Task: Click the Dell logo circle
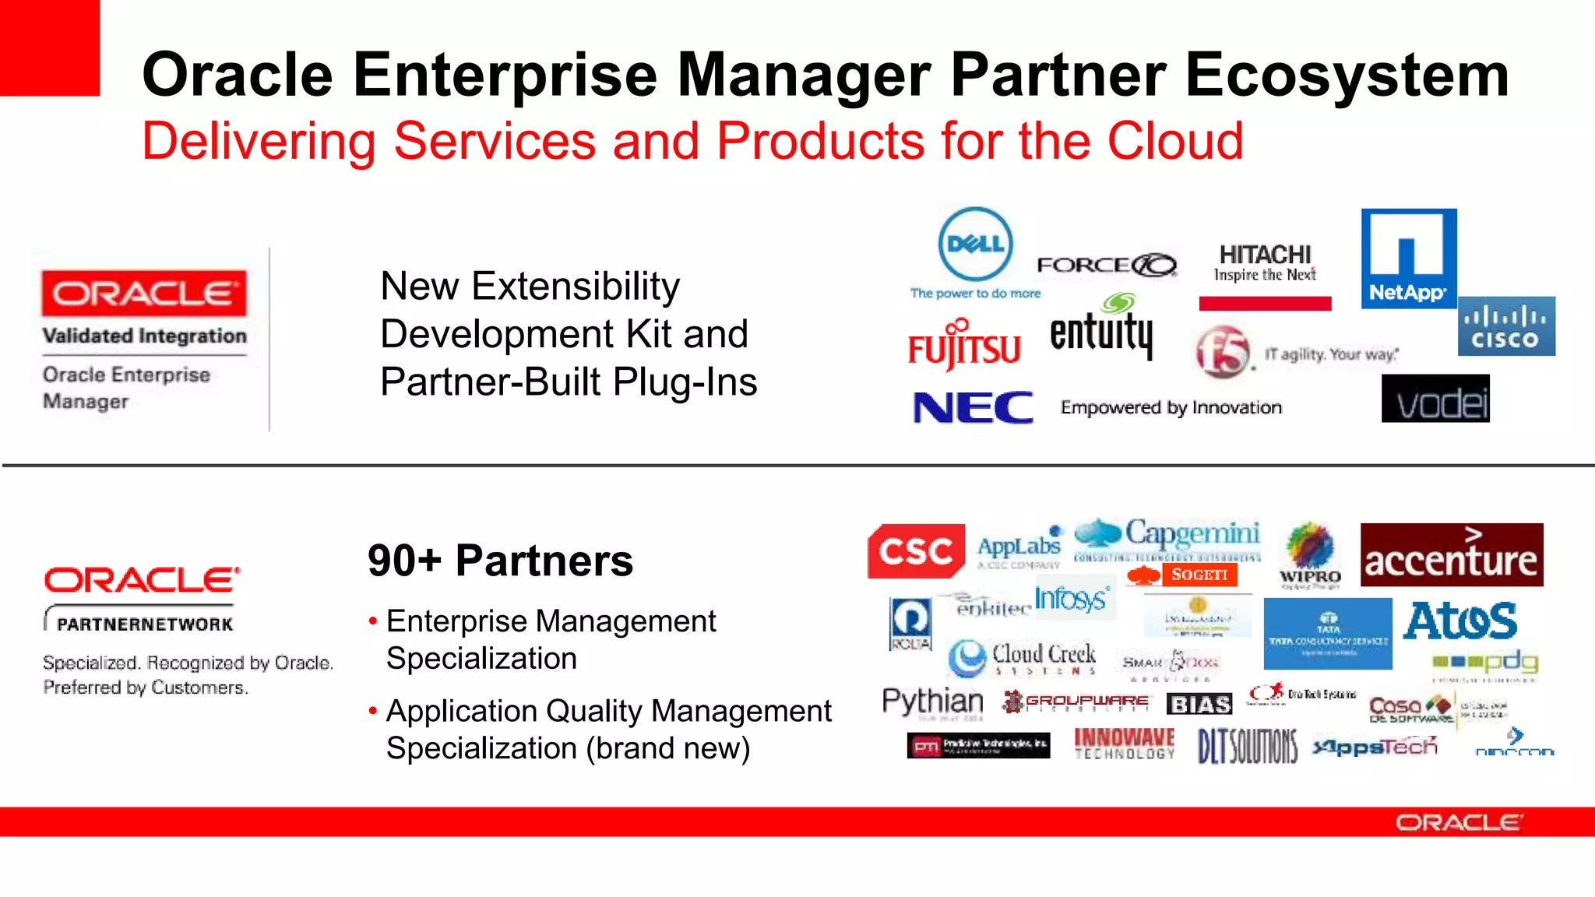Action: pos(976,244)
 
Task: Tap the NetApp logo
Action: pos(1408,259)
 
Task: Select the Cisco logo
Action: pos(1506,326)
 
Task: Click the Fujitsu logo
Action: pos(963,346)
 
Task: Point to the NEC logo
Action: pos(973,407)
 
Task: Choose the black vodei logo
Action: pos(1435,399)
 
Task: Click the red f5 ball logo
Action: pos(1223,352)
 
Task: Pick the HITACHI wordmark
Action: pos(1265,255)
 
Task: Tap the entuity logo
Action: pos(1100,330)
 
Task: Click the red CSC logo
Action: pos(916,551)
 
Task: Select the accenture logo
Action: pos(1451,555)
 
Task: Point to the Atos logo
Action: pos(1460,621)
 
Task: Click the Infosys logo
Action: pos(1071,599)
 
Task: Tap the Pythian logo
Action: pos(932,701)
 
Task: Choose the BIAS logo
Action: pos(1199,704)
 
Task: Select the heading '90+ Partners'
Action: pos(500,561)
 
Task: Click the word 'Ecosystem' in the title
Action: pos(1347,75)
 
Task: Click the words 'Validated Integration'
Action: pos(144,336)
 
